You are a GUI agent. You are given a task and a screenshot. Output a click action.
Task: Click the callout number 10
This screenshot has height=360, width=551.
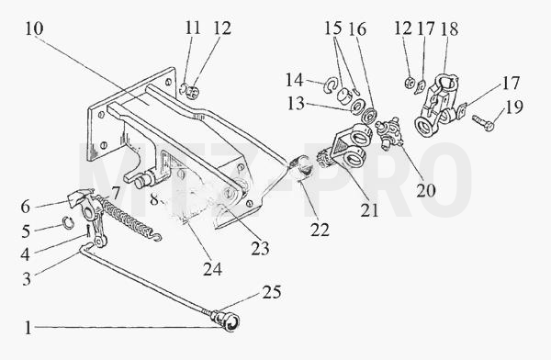coord(34,28)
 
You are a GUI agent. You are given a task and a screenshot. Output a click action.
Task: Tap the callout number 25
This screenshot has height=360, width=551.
coord(272,292)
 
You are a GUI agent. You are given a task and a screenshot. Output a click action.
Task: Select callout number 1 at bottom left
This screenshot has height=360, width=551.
coord(28,329)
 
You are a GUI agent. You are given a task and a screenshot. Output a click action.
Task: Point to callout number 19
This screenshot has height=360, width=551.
coord(513,107)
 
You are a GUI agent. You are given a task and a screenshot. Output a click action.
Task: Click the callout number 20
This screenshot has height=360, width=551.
coord(426,190)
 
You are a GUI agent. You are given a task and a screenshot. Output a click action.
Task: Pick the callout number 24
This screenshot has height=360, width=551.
coord(212,269)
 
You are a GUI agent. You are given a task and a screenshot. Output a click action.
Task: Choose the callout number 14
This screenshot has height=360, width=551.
coord(294,80)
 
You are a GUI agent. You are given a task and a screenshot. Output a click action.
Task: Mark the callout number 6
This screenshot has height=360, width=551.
coord(26,207)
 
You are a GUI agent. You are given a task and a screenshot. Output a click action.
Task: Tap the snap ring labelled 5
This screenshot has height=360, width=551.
coord(68,222)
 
